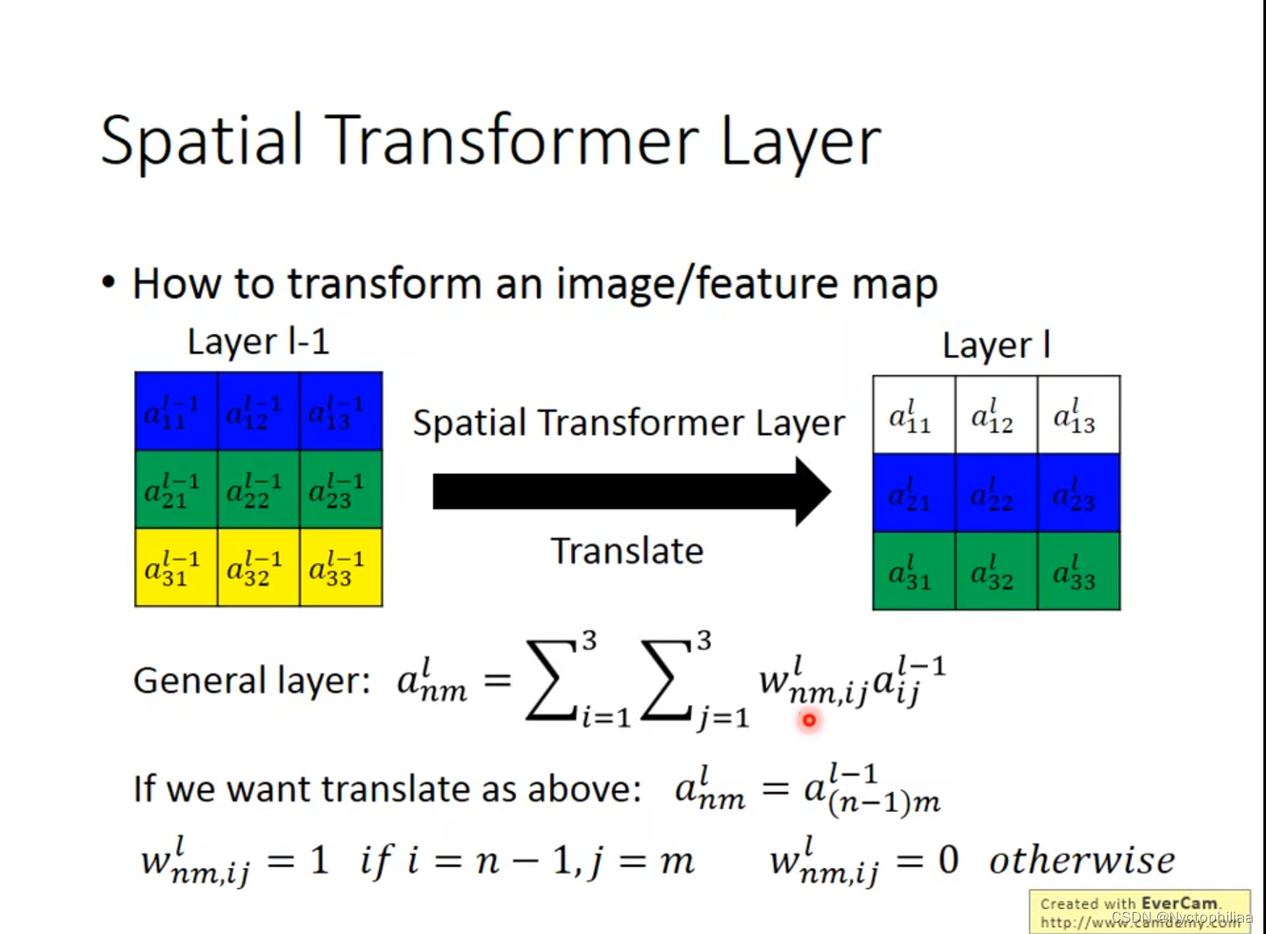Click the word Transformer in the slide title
pyautogui.click(x=512, y=141)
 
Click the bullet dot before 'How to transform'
pyautogui.click(x=109, y=283)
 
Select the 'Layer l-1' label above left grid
pyautogui.click(x=258, y=341)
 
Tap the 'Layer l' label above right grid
pyautogui.click(x=996, y=346)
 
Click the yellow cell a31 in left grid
pyautogui.click(x=175, y=567)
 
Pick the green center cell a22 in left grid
pyautogui.click(x=258, y=489)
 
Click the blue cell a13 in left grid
pyautogui.click(x=340, y=411)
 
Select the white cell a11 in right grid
pyautogui.click(x=913, y=416)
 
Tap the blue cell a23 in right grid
pyautogui.click(x=1078, y=494)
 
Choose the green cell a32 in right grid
pyautogui.click(x=996, y=572)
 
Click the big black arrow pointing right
pyautogui.click(x=631, y=491)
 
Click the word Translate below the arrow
pyautogui.click(x=626, y=552)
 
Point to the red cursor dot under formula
pyautogui.click(x=808, y=720)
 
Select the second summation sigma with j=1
pyautogui.click(x=668, y=681)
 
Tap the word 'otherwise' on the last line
pyautogui.click(x=1081, y=860)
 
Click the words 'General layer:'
pyautogui.click(x=252, y=681)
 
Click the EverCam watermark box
pyautogui.click(x=1139, y=912)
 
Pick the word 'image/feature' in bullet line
pyautogui.click(x=689, y=284)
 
